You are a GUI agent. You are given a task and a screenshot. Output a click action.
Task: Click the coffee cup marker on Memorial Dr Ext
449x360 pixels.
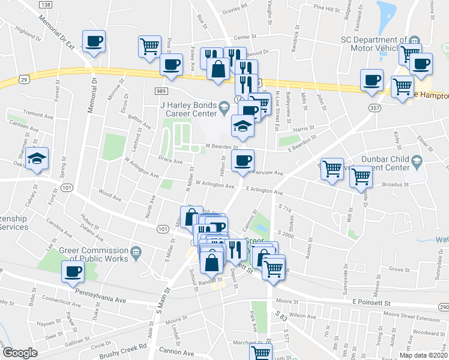(94, 42)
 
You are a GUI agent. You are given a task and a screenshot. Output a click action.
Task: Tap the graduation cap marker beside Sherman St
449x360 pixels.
(38, 159)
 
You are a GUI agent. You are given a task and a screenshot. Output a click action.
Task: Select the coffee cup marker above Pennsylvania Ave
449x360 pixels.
(73, 271)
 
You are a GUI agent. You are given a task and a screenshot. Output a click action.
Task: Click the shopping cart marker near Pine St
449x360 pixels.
(149, 46)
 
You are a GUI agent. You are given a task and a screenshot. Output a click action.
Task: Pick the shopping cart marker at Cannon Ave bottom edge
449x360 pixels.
(261, 353)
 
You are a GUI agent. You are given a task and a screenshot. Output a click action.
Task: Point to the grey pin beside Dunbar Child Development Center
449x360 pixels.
(418, 160)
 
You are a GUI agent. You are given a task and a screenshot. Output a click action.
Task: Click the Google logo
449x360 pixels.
(20, 353)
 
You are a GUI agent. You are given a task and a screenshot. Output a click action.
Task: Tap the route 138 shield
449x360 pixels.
(45, 4)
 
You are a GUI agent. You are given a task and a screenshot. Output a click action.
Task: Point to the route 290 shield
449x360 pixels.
(443, 307)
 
